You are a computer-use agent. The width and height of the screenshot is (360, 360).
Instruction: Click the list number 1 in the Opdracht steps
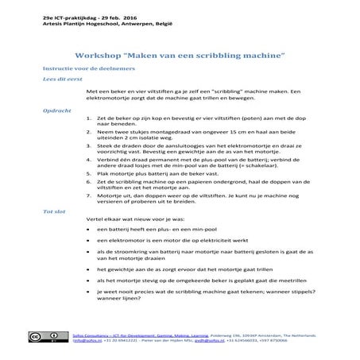(87, 117)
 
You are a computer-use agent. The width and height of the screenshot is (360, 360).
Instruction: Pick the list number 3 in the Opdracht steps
(87, 146)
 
